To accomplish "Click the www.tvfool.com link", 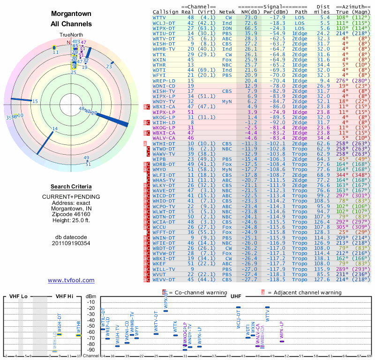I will (71, 280).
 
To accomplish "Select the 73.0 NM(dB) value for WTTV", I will (251, 17).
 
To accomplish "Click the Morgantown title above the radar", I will (71, 14).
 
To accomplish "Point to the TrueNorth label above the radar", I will (71, 35).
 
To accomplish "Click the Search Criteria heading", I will (71, 186).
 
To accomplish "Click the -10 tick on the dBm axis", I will (91, 302).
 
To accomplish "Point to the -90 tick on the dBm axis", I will (91, 350).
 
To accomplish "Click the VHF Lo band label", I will (17, 297).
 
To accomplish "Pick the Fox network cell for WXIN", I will (227, 60).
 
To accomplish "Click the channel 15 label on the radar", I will (35, 101).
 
